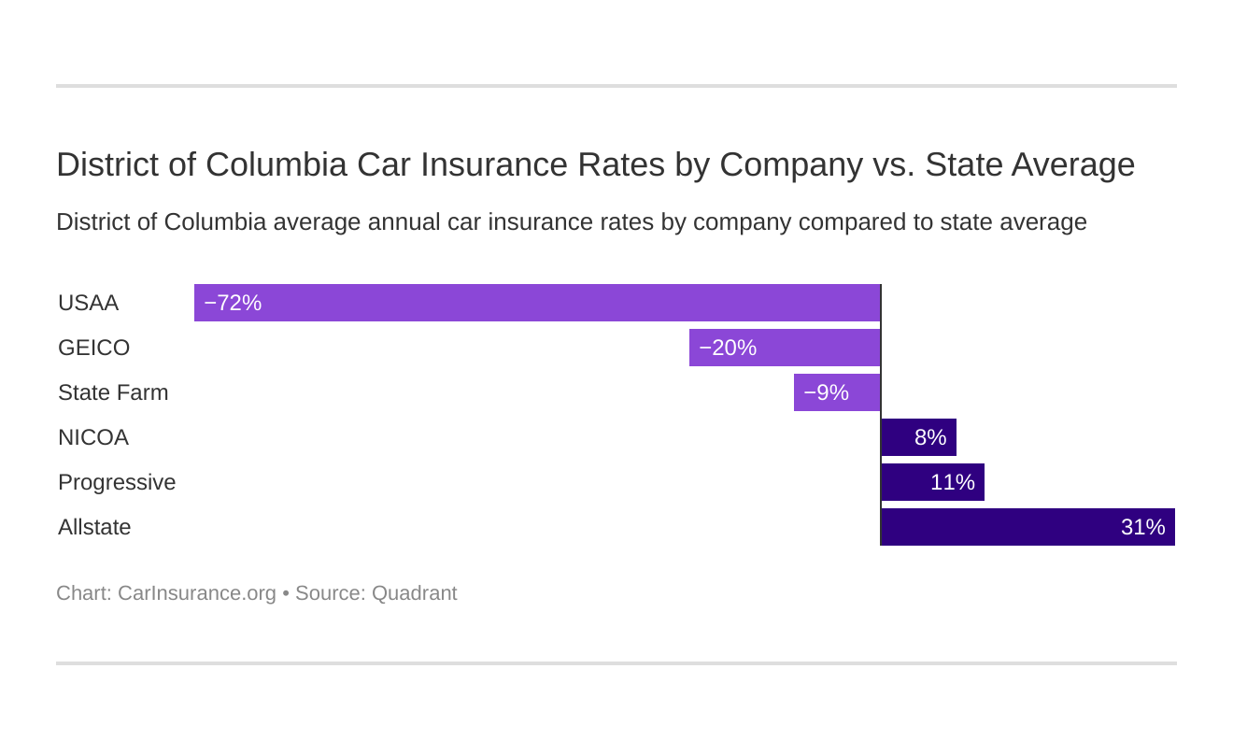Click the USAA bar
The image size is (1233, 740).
point(537,303)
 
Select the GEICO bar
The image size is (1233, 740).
point(785,348)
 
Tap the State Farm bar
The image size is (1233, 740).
point(837,392)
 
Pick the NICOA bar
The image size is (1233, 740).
point(918,437)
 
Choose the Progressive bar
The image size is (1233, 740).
point(932,482)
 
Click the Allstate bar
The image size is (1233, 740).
point(1027,527)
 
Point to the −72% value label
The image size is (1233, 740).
point(233,303)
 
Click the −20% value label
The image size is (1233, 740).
point(728,348)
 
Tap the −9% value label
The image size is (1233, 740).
point(826,392)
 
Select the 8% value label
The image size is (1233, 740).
point(930,437)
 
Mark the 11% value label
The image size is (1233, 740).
point(953,482)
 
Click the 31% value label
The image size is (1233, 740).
point(1142,527)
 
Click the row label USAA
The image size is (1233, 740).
point(88,303)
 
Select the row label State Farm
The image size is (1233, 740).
point(113,392)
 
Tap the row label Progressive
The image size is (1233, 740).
point(117,482)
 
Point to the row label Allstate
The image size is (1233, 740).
point(94,527)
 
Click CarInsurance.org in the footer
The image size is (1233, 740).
point(197,593)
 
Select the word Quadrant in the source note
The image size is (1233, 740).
point(414,593)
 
